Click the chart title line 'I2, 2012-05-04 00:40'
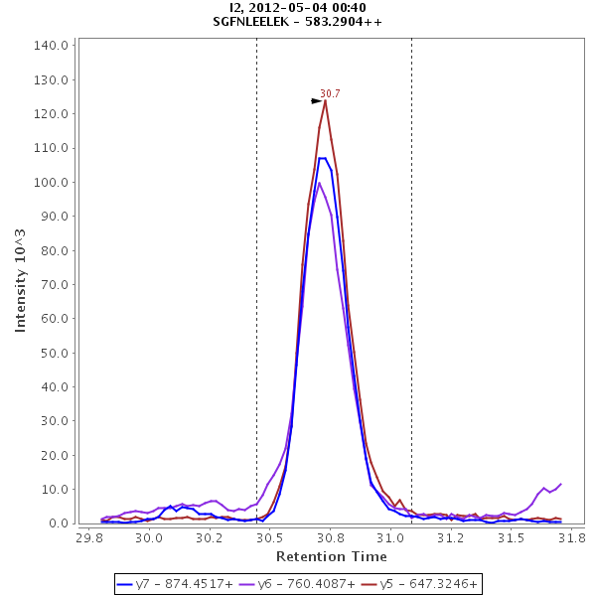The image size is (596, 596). pyautogui.click(x=297, y=8)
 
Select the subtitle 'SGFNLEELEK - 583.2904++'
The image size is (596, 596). pyautogui.click(x=297, y=22)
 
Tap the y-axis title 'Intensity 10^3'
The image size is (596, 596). pyautogui.click(x=21, y=283)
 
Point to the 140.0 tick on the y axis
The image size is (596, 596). pyautogui.click(x=50, y=45)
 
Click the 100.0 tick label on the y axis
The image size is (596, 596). pyautogui.click(x=50, y=182)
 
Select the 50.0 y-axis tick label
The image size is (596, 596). pyautogui.click(x=53, y=353)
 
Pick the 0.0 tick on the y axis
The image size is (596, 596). pyautogui.click(x=57, y=523)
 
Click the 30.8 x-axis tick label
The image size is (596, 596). pyautogui.click(x=329, y=537)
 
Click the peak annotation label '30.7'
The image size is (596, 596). pyautogui.click(x=330, y=93)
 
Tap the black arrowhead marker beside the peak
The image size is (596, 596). pyautogui.click(x=317, y=100)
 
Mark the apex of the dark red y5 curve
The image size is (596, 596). pyautogui.click(x=325, y=100)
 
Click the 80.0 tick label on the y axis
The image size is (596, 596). pyautogui.click(x=53, y=250)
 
